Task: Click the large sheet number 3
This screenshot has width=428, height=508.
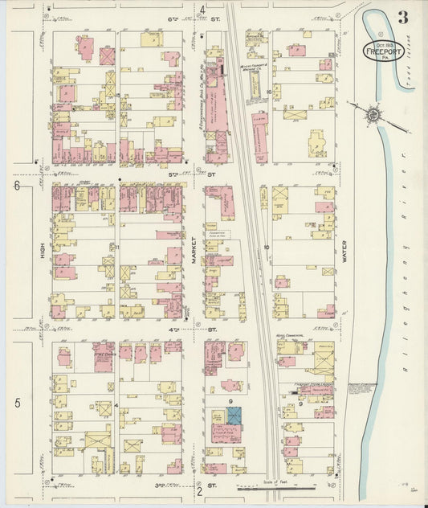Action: click(402, 17)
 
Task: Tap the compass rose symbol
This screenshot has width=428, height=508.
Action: click(373, 116)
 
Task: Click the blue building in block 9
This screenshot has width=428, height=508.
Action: click(234, 416)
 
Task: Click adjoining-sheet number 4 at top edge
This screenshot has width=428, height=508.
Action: click(203, 10)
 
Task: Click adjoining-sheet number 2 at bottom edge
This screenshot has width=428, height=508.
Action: click(198, 490)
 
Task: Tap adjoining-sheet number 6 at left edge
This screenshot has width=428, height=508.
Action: click(16, 186)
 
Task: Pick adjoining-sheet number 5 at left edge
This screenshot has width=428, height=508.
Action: click(16, 402)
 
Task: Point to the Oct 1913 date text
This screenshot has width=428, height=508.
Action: click(381, 42)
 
